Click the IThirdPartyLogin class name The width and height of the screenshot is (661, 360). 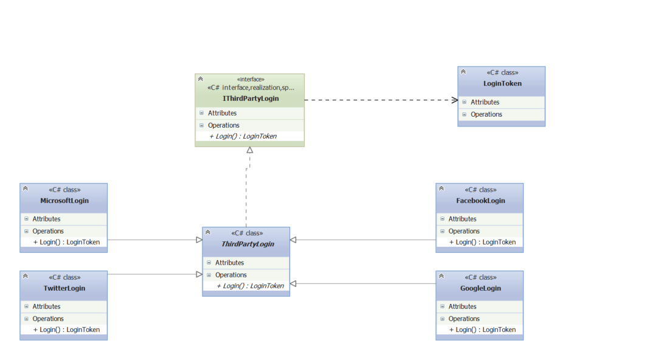pyautogui.click(x=251, y=99)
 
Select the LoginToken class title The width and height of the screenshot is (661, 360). pyautogui.click(x=502, y=83)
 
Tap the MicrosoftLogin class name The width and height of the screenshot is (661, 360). pyautogui.click(x=64, y=201)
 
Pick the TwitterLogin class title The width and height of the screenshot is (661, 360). pyautogui.click(x=64, y=288)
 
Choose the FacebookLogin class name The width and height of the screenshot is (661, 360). pyautogui.click(x=480, y=201)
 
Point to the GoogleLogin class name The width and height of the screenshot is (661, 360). pyautogui.click(x=480, y=288)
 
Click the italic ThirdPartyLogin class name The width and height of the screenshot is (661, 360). pyautogui.click(x=248, y=244)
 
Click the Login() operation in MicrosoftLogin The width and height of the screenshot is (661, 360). pyautogui.click(x=67, y=242)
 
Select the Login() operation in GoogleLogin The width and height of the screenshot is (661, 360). pyautogui.click(x=482, y=330)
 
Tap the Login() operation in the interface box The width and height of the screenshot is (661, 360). pyautogui.click(x=243, y=136)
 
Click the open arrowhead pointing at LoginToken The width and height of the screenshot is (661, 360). pyautogui.click(x=455, y=100)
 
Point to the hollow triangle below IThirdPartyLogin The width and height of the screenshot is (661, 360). pyautogui.click(x=250, y=150)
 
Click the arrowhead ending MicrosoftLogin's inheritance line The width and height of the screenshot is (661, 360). pyautogui.click(x=199, y=240)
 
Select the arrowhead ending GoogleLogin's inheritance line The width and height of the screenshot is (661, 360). pyautogui.click(x=293, y=284)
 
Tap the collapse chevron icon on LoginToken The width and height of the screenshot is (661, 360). pyautogui.click(x=463, y=72)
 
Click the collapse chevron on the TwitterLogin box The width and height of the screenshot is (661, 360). pyautogui.click(x=26, y=276)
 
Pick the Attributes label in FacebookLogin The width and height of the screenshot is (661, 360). pyautogui.click(x=462, y=219)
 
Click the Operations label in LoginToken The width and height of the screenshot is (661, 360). pyautogui.click(x=486, y=114)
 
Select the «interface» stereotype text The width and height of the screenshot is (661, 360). pyautogui.click(x=251, y=79)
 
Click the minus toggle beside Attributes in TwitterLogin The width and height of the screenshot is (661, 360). pyautogui.click(x=27, y=306)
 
